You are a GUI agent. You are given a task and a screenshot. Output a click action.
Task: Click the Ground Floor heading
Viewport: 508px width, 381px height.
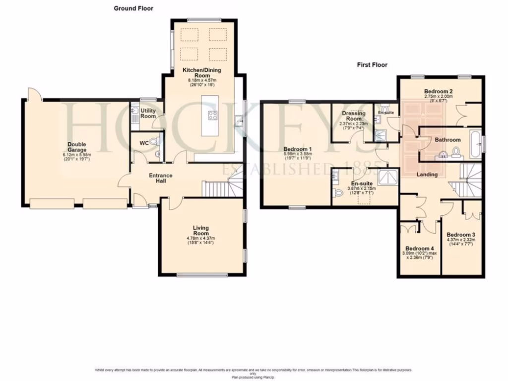[133, 8]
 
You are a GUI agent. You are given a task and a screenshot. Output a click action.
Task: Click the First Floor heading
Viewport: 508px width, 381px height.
[372, 64]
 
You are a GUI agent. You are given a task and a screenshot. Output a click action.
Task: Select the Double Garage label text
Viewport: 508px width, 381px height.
[77, 147]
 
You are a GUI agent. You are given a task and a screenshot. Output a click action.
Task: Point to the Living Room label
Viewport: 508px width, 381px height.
[201, 231]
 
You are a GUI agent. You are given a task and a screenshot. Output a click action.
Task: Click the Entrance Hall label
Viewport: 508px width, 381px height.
[161, 178]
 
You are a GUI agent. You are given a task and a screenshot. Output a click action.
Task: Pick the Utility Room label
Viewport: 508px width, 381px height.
[148, 113]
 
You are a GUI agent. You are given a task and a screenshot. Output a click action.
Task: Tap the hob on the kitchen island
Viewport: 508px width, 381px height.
[213, 116]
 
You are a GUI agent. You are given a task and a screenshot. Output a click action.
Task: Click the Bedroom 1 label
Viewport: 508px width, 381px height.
[297, 149]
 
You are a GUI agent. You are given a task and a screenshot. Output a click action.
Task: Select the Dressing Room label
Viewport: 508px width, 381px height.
[353, 116]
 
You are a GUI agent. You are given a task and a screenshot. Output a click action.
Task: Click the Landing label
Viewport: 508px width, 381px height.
[427, 175]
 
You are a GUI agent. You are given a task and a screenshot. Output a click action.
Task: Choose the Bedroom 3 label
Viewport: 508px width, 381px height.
[461, 235]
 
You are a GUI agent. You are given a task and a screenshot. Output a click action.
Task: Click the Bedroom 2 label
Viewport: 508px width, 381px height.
[438, 92]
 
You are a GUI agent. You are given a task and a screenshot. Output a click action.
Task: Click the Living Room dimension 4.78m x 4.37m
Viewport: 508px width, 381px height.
[201, 238]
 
